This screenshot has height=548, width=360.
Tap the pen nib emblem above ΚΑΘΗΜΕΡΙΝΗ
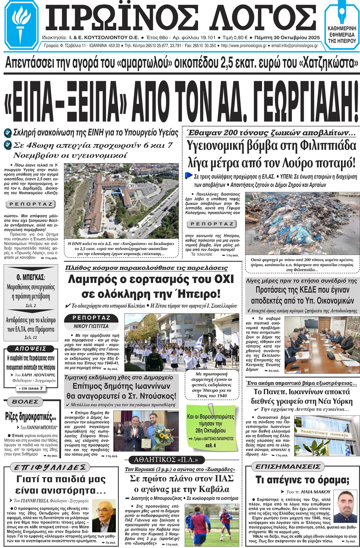tap(342, 14)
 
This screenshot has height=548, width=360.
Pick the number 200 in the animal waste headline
tap(232, 133)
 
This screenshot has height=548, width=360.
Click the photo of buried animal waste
tap(302, 223)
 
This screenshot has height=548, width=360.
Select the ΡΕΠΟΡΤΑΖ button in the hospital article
tap(31, 204)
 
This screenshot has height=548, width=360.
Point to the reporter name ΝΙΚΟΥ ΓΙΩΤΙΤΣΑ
tap(91, 326)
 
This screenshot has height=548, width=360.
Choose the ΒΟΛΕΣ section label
tap(25, 402)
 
